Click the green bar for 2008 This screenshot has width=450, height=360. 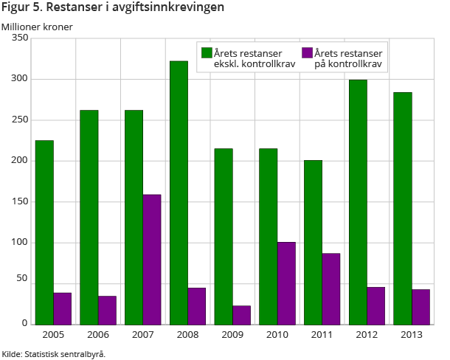tap(179, 192)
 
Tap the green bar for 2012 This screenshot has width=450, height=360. tap(358, 201)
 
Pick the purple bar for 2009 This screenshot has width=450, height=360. tap(242, 314)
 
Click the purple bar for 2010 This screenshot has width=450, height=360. tap(286, 283)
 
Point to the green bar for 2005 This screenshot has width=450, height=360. tap(44, 232)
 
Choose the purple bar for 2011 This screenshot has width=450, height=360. tap(331, 288)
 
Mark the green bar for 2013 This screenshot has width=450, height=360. tap(403, 207)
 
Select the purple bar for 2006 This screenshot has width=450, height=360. tap(107, 310)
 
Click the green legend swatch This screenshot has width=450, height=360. tap(207, 52)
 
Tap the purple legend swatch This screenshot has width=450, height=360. tap(308, 52)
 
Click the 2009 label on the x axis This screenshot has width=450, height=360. tap(232, 335)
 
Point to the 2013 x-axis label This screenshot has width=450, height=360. tap(412, 335)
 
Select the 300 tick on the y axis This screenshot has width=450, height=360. tap(20, 79)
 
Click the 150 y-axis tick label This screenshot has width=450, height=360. tap(20, 201)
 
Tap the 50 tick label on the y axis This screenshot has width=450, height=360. tap(22, 280)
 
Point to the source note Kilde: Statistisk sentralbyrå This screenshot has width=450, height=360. tap(54, 353)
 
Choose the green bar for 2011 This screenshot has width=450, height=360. tap(313, 242)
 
